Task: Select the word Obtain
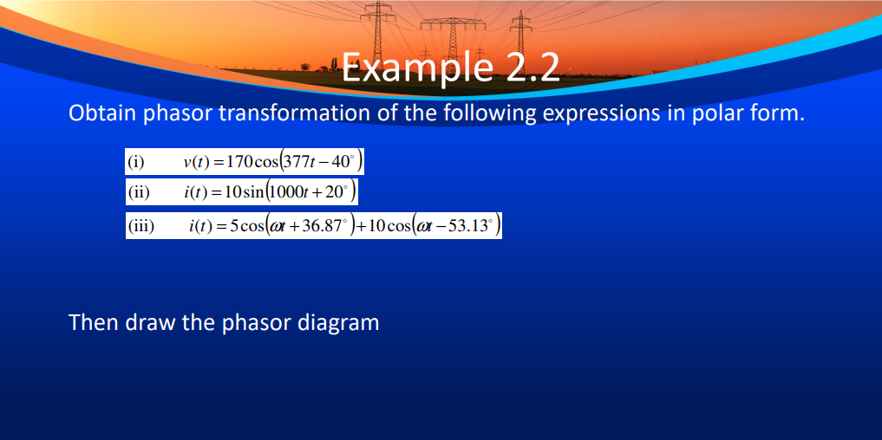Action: (x=101, y=114)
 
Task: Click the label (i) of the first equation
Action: (x=136, y=162)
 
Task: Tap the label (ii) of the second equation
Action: (x=139, y=191)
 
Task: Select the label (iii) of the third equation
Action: (x=141, y=228)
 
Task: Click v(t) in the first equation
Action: (x=195, y=162)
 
